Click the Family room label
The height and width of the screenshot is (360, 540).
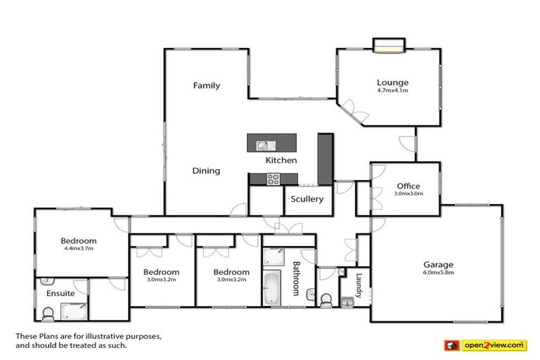[x=207, y=86]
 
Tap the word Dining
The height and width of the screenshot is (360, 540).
[x=206, y=171]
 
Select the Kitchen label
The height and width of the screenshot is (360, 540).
[x=281, y=160]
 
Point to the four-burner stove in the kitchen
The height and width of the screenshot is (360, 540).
[x=272, y=180]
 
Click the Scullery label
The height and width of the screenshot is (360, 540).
[x=307, y=199]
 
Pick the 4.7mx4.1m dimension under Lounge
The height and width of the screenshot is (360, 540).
[x=392, y=91]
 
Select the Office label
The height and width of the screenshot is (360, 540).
[x=408, y=186]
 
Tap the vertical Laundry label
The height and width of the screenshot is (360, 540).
[x=359, y=285]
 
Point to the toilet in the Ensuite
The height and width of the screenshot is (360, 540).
[x=49, y=311]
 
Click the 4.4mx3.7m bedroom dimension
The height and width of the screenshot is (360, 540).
[x=78, y=248]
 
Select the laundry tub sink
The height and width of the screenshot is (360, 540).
[x=346, y=301]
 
